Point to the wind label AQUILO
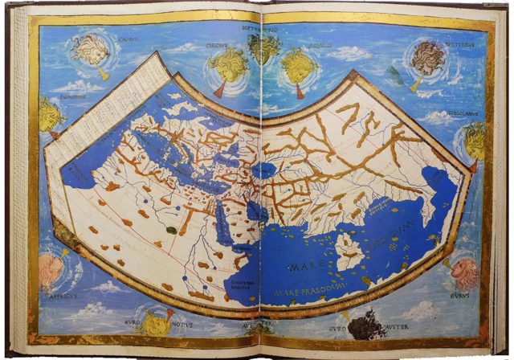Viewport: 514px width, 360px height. (320, 46)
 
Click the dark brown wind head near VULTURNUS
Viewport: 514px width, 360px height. (425, 58)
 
